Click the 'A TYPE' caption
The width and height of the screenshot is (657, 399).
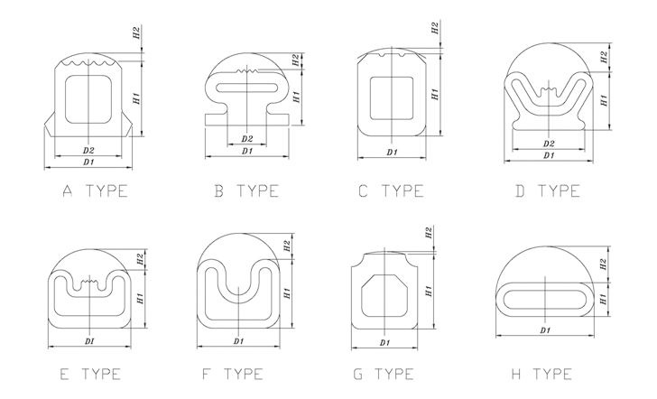[95, 191]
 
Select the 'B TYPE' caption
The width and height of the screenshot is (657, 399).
[246, 191]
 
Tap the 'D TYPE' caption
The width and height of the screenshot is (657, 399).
[548, 191]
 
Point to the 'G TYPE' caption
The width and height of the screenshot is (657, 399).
[384, 374]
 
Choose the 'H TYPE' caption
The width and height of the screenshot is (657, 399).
[542, 374]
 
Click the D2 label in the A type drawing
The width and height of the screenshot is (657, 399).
[88, 151]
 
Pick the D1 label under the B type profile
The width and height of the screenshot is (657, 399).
[247, 152]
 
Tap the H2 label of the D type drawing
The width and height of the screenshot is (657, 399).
[604, 57]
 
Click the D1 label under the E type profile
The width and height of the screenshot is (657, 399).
[89, 341]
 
